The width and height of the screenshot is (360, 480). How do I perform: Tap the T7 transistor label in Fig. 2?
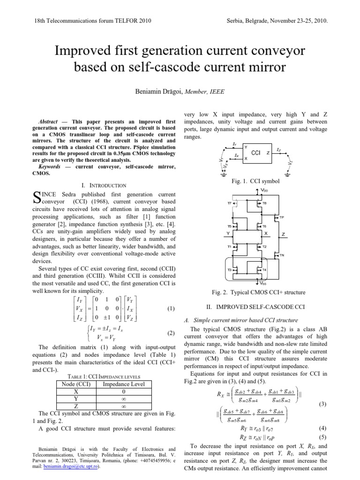pos(229,203)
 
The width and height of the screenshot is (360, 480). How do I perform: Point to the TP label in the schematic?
pos(282,217)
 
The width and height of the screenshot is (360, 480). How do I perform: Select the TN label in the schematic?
pos(282,255)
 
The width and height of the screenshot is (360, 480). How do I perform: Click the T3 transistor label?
pos(230,270)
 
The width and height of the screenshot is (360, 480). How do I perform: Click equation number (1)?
pos(171,309)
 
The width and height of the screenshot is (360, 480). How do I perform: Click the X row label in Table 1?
pos(76,391)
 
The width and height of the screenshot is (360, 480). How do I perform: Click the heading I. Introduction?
pos(104,186)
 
